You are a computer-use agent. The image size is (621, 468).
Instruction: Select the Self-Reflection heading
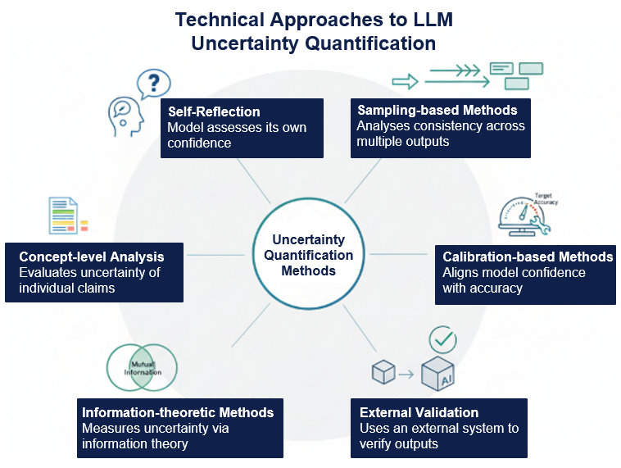click(214, 111)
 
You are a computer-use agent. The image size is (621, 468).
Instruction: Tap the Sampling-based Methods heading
click(437, 110)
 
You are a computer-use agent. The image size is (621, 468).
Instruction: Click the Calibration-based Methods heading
click(528, 257)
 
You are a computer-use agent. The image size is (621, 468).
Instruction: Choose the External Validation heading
click(419, 412)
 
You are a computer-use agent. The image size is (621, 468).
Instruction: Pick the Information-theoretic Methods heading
click(177, 412)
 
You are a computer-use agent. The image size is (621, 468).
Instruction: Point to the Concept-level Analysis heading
click(91, 257)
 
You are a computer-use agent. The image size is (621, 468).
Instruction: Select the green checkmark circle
click(443, 339)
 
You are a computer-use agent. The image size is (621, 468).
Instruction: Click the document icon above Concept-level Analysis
click(64, 216)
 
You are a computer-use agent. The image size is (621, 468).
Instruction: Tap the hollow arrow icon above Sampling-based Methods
click(405, 80)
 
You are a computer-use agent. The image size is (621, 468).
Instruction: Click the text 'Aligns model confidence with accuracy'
click(514, 279)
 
